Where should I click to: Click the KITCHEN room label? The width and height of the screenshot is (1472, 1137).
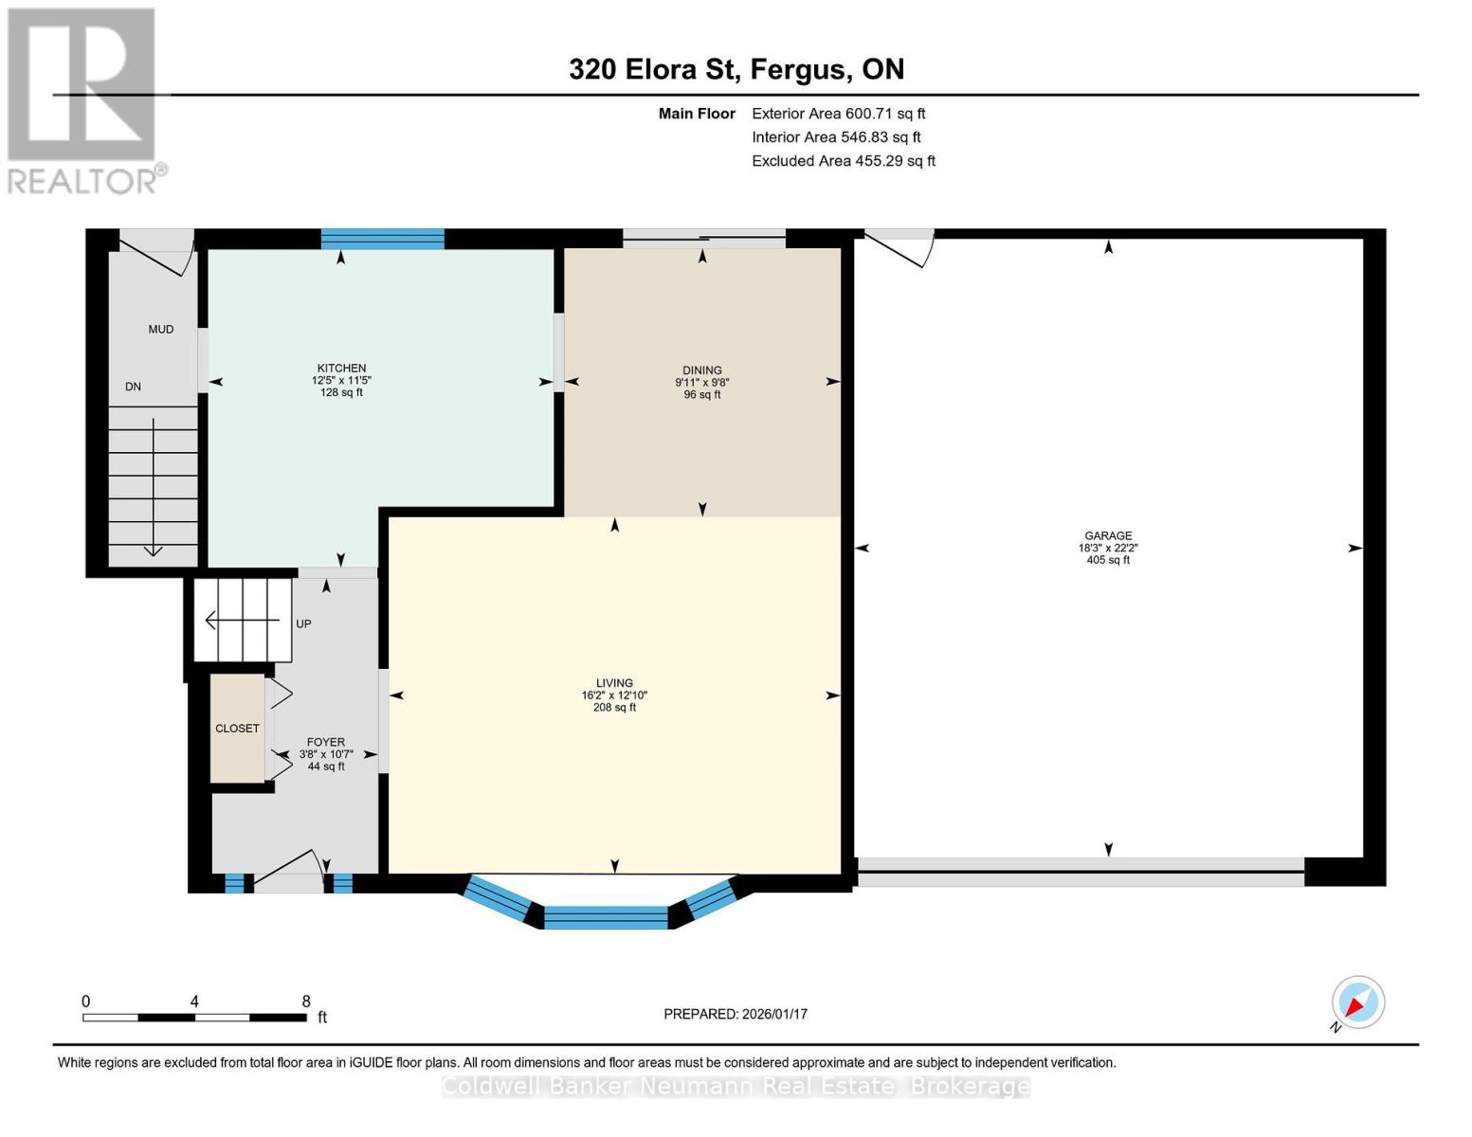tap(341, 369)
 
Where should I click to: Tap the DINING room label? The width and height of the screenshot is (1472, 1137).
tap(701, 370)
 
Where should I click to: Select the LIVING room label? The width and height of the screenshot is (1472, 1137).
tap(614, 683)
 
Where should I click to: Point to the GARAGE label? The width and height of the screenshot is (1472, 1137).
tap(1108, 536)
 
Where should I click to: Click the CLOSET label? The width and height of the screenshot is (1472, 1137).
tap(237, 729)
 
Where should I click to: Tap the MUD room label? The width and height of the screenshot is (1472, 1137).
tap(161, 330)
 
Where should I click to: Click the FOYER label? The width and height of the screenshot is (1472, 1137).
tap(326, 743)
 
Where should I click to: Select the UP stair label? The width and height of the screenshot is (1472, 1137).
tap(303, 624)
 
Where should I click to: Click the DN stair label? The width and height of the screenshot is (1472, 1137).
tap(134, 387)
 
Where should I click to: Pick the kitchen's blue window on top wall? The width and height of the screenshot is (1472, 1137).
tap(382, 239)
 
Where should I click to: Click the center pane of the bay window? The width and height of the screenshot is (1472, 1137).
tap(606, 917)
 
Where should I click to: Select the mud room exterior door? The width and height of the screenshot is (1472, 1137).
tap(157, 251)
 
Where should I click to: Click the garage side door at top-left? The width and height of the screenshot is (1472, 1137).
tap(899, 246)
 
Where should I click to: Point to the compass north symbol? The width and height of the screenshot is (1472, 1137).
tap(1357, 1002)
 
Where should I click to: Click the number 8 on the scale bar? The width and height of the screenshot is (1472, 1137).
tap(306, 1002)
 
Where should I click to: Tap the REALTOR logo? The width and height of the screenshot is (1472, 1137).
tap(83, 99)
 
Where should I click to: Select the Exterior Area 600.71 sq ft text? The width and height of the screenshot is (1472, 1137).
tap(838, 114)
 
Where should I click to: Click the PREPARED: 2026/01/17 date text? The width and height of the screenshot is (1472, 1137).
tap(736, 1014)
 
